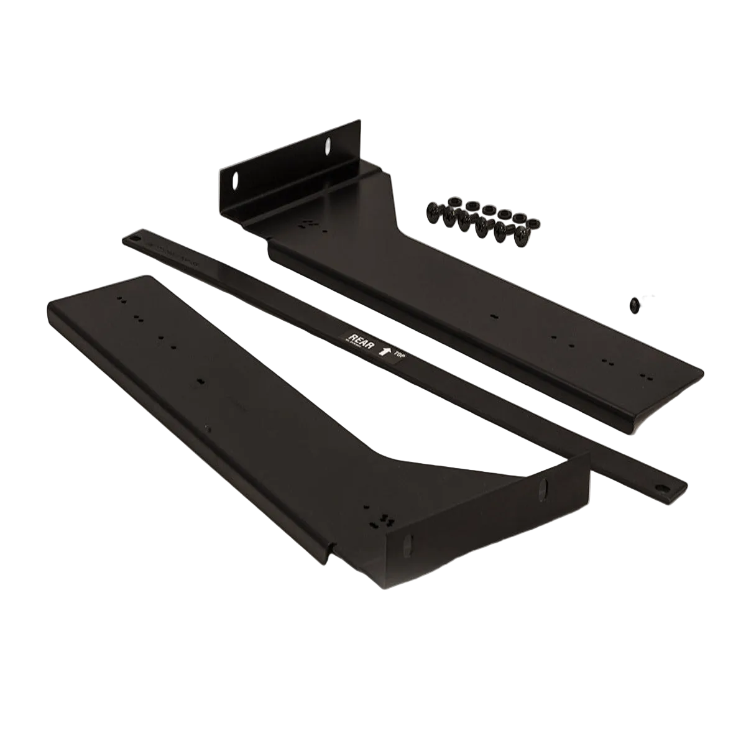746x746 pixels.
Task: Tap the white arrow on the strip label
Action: (x=385, y=352)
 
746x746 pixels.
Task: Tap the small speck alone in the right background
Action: (x=633, y=304)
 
